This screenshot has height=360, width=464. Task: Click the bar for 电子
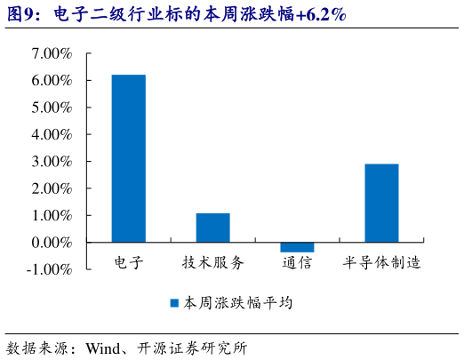128,158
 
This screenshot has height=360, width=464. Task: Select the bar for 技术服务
212,228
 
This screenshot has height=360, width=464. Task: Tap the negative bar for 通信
297,247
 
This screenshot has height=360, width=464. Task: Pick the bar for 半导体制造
381,203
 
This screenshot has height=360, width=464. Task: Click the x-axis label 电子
129,263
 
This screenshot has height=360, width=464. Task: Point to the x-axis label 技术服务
212,263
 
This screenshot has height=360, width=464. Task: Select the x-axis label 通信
297,263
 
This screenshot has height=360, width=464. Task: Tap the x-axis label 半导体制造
381,263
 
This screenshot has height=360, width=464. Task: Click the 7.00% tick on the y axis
52,53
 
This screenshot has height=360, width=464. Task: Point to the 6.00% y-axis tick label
52,81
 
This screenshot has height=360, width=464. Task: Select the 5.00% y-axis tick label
52,108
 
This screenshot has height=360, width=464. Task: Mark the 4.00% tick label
52,134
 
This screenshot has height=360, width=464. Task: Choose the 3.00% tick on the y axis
52,162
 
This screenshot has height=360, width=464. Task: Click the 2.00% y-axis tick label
52,188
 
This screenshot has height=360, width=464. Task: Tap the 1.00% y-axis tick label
52,215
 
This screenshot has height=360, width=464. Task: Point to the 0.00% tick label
52,243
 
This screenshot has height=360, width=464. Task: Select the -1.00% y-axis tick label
49,269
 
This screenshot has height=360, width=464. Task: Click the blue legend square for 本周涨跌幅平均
175,303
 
